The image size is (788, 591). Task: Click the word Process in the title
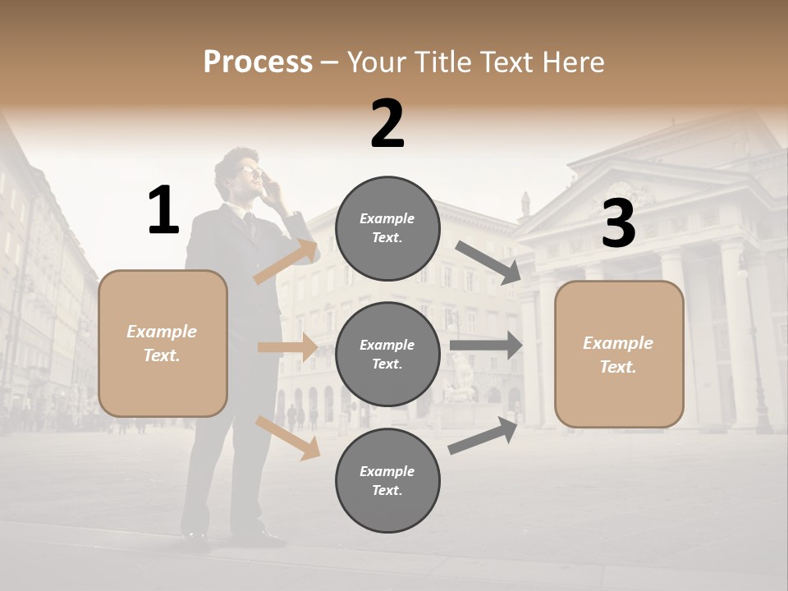(258, 62)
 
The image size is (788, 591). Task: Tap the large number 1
(163, 211)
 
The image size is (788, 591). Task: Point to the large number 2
(387, 124)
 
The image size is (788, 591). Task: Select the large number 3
(618, 224)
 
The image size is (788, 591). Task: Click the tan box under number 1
(163, 343)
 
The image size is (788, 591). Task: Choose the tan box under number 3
(619, 355)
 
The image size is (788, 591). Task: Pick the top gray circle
(387, 228)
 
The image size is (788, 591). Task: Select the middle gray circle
(387, 354)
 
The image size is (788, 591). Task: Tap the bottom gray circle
(387, 480)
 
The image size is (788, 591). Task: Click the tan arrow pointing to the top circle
(286, 262)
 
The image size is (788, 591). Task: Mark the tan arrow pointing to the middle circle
(287, 347)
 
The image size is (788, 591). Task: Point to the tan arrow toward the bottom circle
(288, 438)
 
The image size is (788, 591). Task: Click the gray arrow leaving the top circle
(488, 263)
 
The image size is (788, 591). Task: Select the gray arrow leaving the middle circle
(486, 346)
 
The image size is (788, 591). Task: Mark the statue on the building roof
(525, 203)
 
